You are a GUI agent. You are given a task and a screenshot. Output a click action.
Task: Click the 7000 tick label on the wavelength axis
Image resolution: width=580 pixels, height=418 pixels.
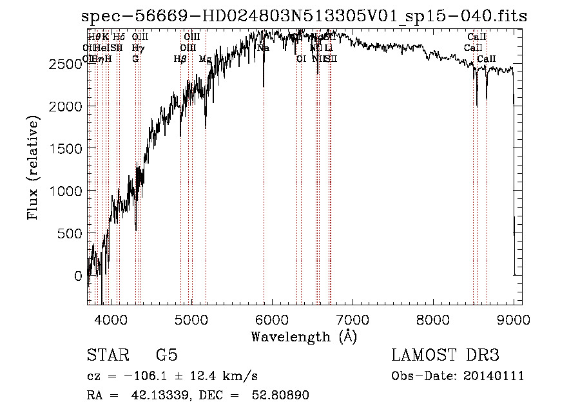click(x=353, y=319)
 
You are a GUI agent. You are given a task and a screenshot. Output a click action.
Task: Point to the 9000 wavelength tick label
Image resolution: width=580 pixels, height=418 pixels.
click(x=514, y=319)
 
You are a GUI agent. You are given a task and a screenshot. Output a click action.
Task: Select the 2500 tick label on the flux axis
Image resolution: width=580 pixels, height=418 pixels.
click(x=66, y=64)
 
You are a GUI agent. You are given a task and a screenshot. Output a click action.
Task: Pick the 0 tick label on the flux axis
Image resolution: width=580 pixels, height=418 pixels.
click(x=79, y=276)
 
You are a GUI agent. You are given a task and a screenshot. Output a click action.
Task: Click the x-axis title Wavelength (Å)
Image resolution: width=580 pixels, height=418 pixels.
click(x=304, y=336)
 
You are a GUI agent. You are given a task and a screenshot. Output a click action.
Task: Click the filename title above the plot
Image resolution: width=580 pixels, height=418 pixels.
click(x=304, y=17)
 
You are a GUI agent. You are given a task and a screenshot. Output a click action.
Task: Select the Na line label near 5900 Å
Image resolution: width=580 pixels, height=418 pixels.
click(x=263, y=48)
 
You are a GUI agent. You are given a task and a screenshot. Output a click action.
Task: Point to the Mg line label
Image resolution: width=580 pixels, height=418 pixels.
click(x=205, y=59)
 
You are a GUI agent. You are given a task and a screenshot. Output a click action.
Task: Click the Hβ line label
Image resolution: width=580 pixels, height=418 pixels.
click(x=180, y=59)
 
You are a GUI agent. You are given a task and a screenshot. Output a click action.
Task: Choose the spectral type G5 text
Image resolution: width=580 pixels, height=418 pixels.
click(x=166, y=356)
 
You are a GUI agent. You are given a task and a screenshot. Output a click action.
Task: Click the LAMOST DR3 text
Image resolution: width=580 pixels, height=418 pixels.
click(x=445, y=356)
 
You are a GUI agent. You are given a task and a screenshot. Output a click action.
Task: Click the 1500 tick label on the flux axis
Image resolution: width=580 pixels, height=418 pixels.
click(x=66, y=149)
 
